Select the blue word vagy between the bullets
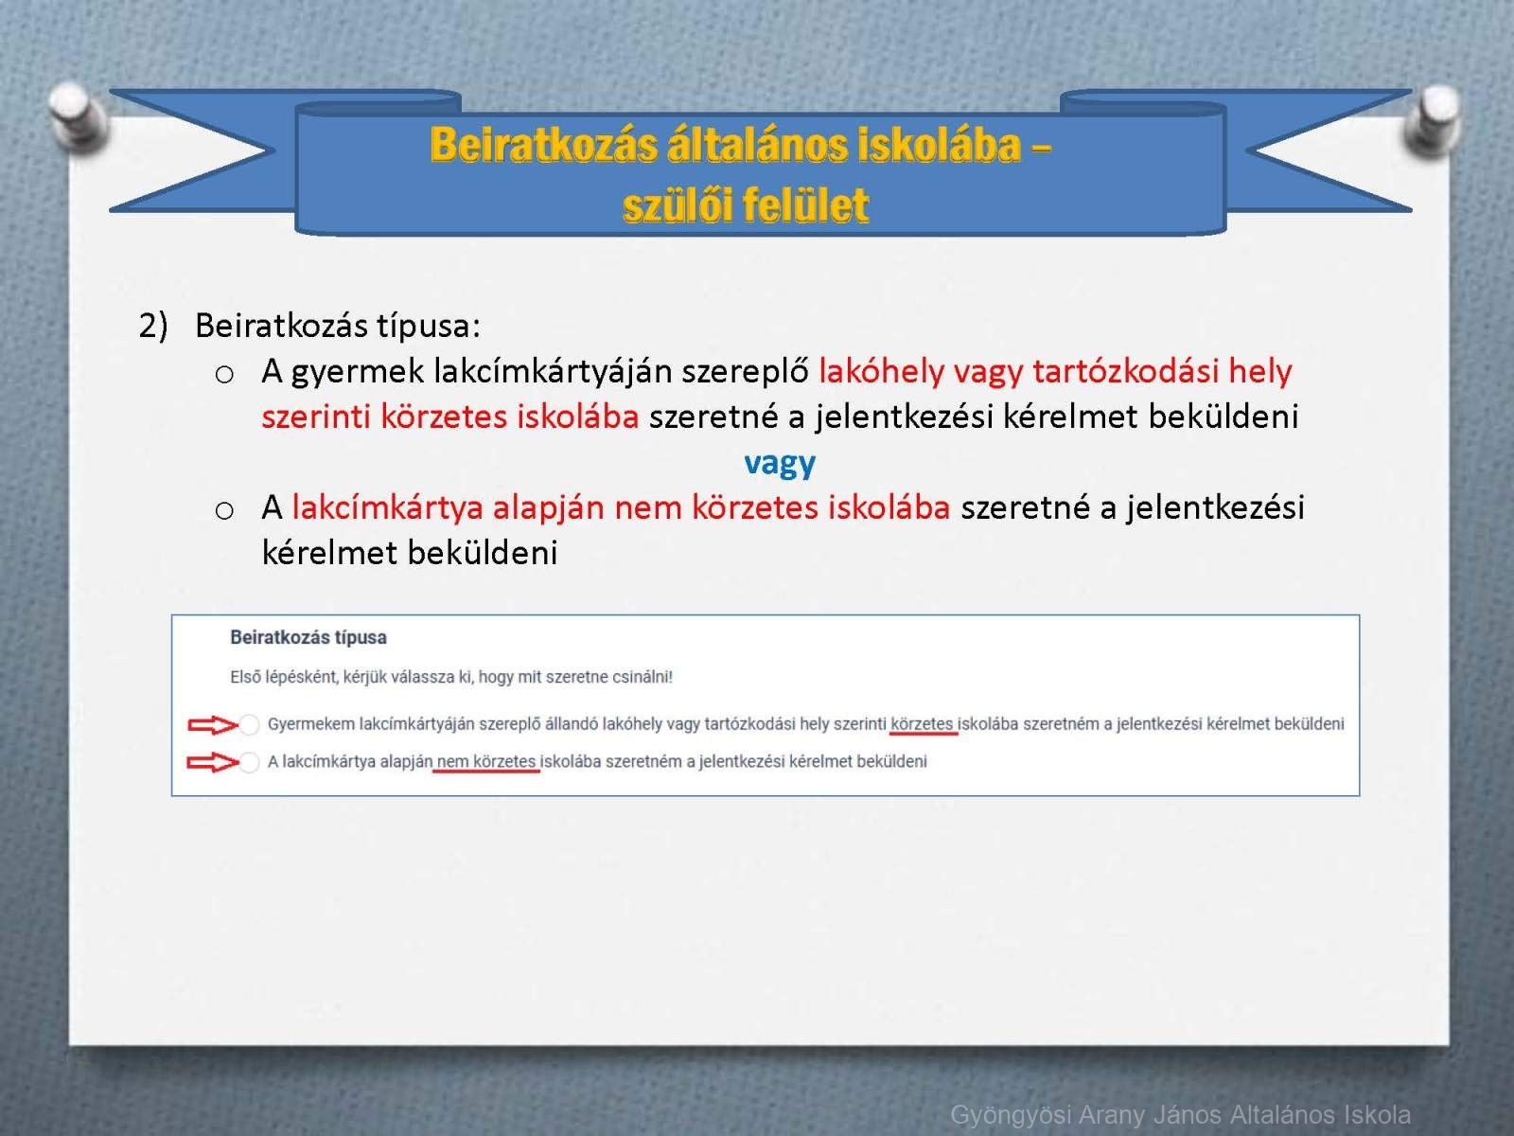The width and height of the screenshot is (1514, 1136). tap(780, 464)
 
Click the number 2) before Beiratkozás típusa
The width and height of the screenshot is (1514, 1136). tap(153, 325)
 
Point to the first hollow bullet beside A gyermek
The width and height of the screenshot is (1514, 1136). tap(224, 375)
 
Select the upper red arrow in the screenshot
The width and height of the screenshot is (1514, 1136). tap(213, 725)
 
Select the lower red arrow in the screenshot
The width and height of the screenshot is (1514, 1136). tap(213, 762)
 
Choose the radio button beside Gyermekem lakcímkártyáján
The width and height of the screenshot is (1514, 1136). tap(249, 724)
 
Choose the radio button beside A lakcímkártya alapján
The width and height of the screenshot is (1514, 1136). tap(249, 762)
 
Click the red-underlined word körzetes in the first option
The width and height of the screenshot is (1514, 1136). tap(923, 724)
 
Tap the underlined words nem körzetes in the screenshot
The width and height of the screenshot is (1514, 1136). tap(486, 761)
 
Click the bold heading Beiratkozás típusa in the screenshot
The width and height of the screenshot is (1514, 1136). tap(308, 638)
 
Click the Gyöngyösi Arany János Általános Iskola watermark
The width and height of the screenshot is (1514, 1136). tap(1180, 1114)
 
